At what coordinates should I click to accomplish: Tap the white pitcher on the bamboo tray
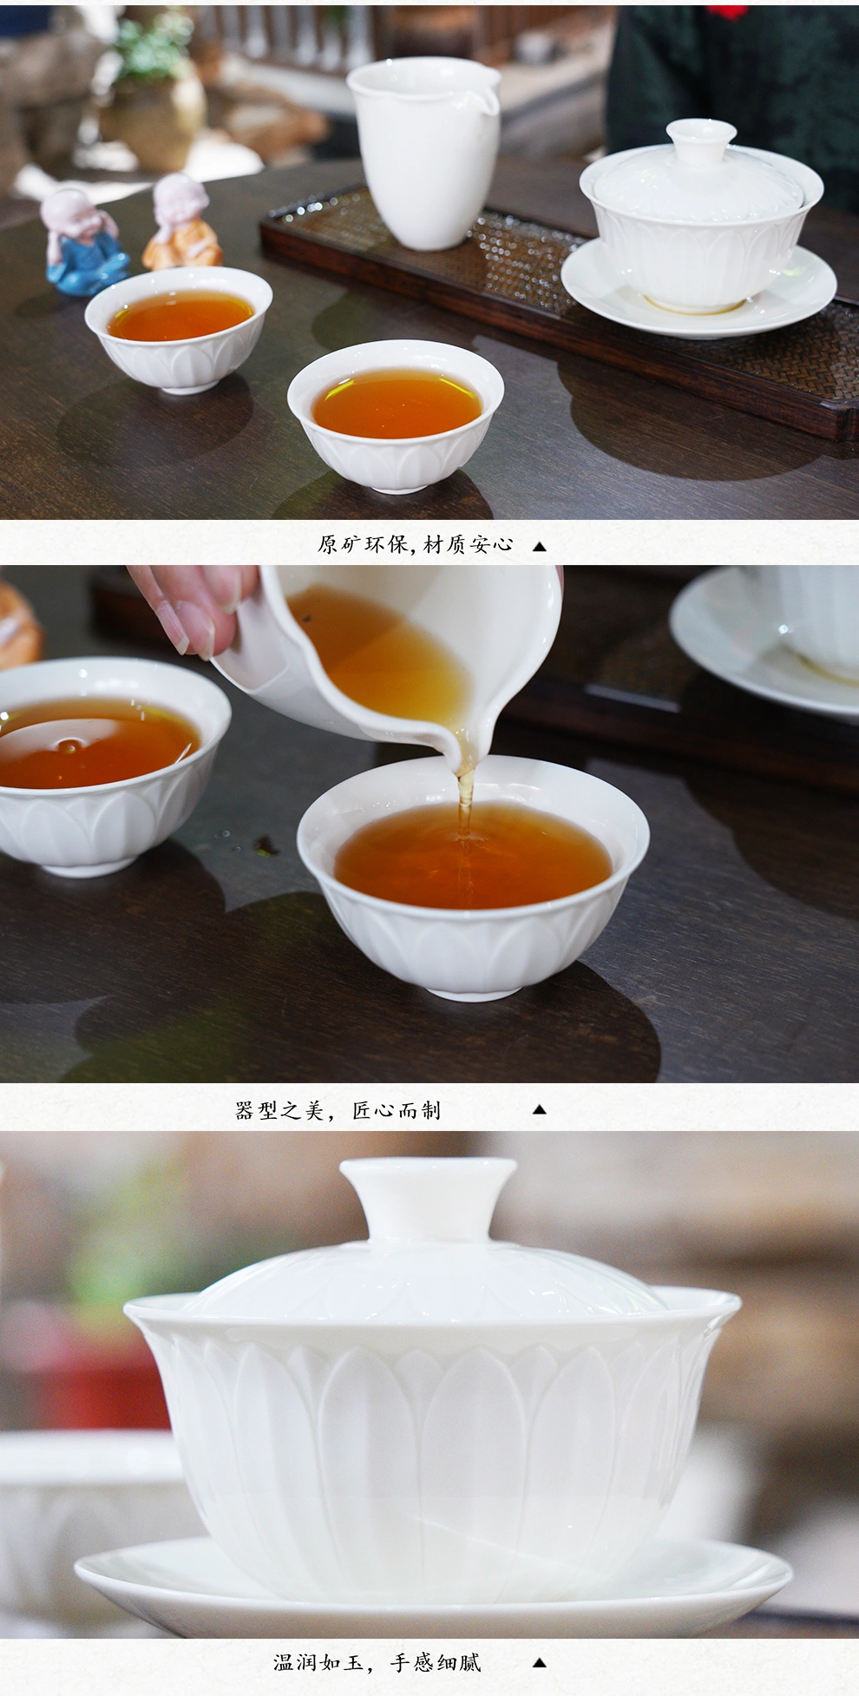[423, 156]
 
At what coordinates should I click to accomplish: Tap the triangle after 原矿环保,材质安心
[539, 547]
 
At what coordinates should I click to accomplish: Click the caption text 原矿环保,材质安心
[416, 545]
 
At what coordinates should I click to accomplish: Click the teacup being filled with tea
[474, 877]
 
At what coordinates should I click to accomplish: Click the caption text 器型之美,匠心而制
[338, 1110]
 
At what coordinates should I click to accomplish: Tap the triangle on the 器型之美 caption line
[539, 1109]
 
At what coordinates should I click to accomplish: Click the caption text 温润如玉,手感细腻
[377, 1663]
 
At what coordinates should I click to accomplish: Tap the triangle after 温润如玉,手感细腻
[539, 1664]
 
